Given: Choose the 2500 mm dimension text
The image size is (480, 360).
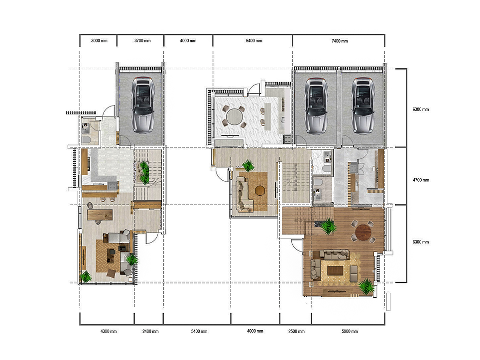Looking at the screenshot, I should pos(295,331).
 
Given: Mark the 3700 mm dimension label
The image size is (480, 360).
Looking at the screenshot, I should pos(140,41).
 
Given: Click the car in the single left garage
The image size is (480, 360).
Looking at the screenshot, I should pos(143,105).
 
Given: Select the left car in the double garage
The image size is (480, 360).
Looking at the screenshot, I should pos(316,106).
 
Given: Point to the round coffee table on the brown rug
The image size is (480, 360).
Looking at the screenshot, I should pos(259,190).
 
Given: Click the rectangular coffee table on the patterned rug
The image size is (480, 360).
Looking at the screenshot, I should pos(335,271).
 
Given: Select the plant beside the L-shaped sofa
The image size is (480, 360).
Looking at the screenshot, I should pos(247,166).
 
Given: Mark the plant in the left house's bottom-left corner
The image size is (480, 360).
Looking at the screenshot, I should pos(86,276).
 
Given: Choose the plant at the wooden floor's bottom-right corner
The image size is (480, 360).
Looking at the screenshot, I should pos(366,286).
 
